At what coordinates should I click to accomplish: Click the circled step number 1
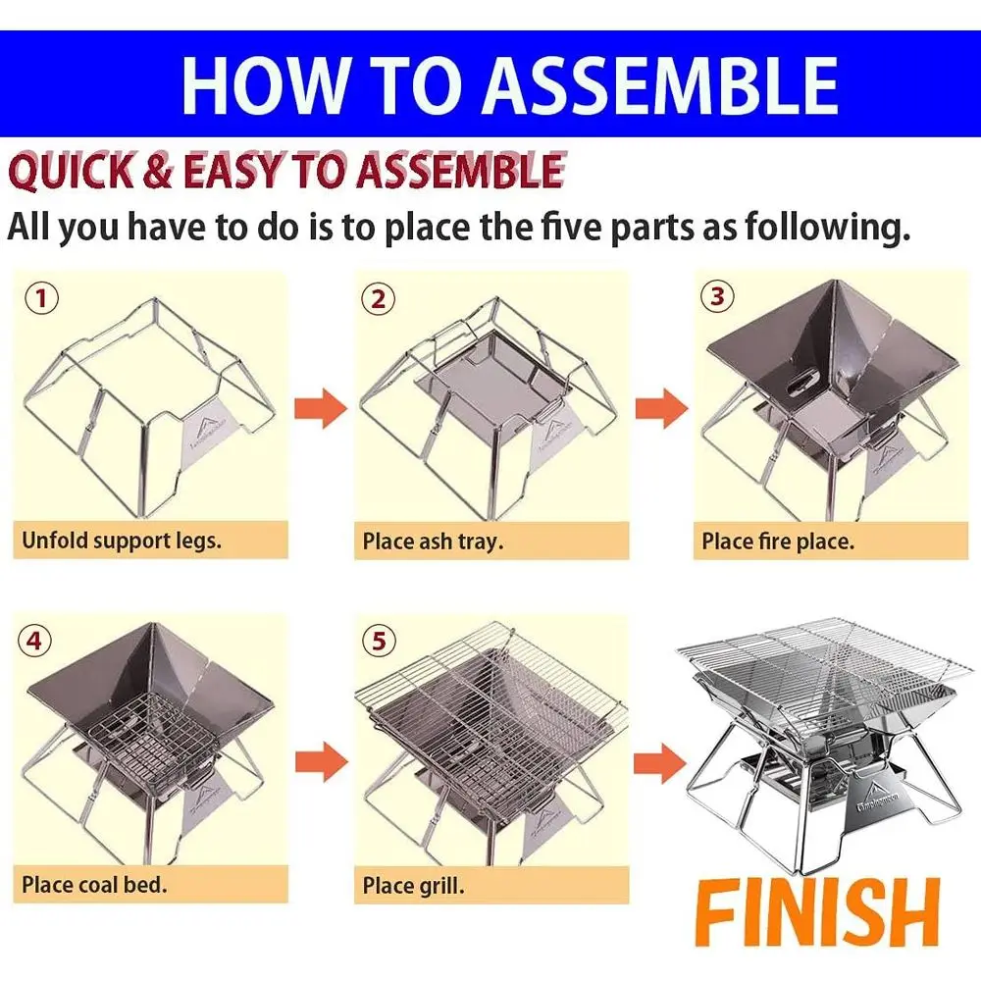coord(41,298)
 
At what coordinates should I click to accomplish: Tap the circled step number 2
coord(378,299)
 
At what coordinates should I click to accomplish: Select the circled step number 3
coord(717,296)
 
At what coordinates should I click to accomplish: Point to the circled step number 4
coord(34,641)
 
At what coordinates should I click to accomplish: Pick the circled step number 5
coord(379,641)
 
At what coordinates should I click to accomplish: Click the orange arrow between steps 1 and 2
coord(321,408)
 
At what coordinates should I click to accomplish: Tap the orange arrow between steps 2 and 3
coord(661,408)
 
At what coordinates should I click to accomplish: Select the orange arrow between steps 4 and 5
coord(322,761)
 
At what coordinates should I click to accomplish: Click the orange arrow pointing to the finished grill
coord(660,763)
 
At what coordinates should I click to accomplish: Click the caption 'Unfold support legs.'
coord(122,541)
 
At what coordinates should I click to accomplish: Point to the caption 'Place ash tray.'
coord(433,542)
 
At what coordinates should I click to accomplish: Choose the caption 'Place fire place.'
coord(778,542)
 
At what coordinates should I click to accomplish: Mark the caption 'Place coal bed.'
coord(94,885)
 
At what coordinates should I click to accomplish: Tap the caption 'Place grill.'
coord(414,886)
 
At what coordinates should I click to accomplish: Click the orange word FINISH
coord(817,912)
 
